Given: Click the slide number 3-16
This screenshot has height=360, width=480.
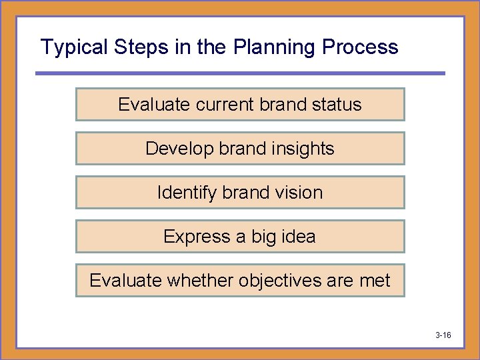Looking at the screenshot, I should click(x=443, y=335).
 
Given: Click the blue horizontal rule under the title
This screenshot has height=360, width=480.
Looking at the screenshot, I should click(x=240, y=73).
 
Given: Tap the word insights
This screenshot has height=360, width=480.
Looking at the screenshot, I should click(x=301, y=149).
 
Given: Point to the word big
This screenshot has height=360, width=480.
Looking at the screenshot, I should click(x=263, y=237).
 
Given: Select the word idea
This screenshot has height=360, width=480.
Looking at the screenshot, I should click(x=298, y=237).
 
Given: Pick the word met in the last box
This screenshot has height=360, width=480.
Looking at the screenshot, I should click(x=375, y=281).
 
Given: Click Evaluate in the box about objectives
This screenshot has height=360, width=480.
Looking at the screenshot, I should click(x=125, y=281).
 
